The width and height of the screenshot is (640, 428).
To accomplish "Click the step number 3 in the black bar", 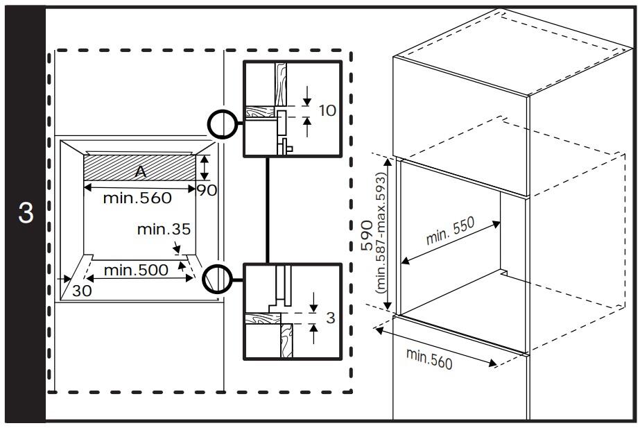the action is (x=25, y=213).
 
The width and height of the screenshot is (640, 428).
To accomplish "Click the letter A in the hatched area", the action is (x=140, y=171).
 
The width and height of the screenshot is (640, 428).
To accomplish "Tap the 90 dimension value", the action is (x=207, y=190).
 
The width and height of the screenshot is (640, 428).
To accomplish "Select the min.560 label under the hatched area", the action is (x=137, y=198).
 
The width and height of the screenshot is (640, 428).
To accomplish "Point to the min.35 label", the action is (x=164, y=229).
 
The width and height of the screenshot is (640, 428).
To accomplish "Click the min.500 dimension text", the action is (x=136, y=270).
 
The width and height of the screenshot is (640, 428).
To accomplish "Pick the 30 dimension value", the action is (x=82, y=291).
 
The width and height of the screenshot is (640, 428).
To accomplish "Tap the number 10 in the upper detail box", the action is (x=327, y=110).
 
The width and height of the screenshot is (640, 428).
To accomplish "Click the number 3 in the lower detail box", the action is (x=331, y=318).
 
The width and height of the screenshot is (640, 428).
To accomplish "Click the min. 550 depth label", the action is (x=450, y=231).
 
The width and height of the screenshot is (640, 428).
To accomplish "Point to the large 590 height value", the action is (x=367, y=235).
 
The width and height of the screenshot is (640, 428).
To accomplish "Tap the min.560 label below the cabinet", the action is (x=429, y=359).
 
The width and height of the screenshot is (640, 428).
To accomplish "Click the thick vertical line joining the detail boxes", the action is (x=268, y=210).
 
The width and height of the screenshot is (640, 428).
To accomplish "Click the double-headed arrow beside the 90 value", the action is (x=205, y=167).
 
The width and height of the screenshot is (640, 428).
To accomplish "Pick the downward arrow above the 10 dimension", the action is (x=307, y=96).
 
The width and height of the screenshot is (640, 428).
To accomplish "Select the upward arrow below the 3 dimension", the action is (x=313, y=334).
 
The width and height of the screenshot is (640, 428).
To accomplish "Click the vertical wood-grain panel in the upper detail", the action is (x=280, y=84).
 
